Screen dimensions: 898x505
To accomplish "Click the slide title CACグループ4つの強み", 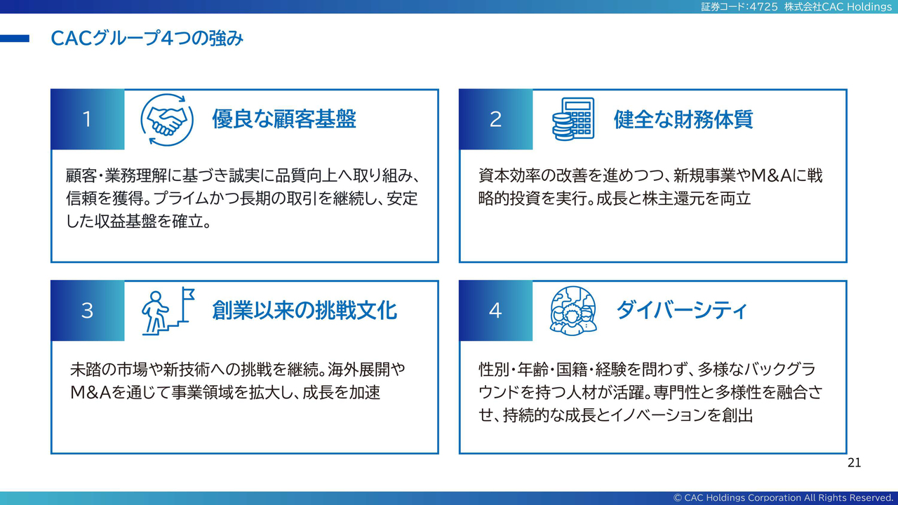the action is (147, 39).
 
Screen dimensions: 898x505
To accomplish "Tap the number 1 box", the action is (88, 119).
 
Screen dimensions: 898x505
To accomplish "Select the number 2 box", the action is (496, 119).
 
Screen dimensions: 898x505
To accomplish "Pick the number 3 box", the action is (88, 311).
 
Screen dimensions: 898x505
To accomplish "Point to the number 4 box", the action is (496, 311).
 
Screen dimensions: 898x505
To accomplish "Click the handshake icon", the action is (167, 120).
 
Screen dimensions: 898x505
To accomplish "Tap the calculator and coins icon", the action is (573, 119).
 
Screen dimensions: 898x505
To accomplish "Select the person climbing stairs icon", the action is (168, 311).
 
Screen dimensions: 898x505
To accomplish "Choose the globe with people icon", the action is (573, 310).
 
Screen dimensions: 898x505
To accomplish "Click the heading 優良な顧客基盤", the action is (284, 119).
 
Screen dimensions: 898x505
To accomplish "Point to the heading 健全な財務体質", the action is (683, 119).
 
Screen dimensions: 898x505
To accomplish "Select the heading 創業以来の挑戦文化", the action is (304, 310).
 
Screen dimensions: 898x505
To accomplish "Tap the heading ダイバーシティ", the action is (681, 310).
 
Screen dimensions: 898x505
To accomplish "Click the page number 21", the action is (854, 463).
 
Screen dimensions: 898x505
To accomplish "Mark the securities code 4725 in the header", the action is (763, 7).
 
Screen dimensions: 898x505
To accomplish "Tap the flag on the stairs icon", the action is (188, 293).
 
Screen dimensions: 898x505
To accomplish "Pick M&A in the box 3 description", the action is (91, 393).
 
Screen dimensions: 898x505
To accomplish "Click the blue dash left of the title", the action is (15, 39).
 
